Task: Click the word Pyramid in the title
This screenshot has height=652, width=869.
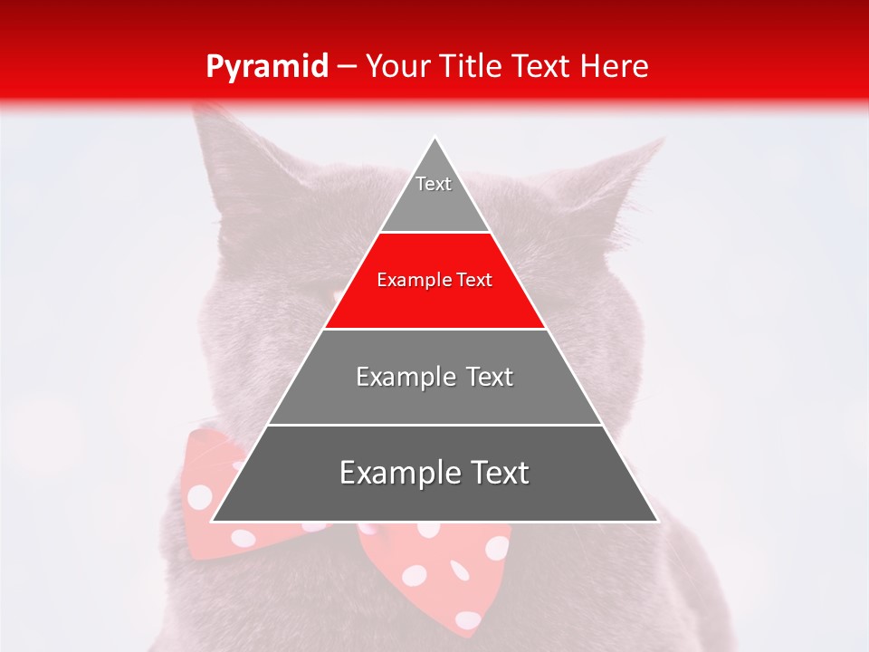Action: [x=266, y=67]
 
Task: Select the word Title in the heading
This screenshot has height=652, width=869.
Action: [x=472, y=67]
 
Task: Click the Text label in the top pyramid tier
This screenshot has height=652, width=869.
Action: [x=434, y=184]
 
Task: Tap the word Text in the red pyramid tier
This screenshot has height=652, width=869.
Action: [x=475, y=281]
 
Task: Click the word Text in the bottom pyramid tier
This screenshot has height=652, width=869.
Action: [x=496, y=473]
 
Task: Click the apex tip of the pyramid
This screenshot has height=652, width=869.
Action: [x=434, y=139]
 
